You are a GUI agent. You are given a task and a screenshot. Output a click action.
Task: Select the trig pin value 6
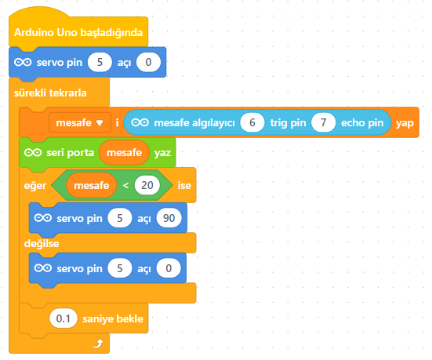252,122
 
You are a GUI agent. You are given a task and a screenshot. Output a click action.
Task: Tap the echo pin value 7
324,122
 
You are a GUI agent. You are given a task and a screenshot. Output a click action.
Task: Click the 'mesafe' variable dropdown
80,122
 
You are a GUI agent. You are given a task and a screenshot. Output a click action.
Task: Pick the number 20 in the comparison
147,185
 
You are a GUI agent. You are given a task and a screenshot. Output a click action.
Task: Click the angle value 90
169,218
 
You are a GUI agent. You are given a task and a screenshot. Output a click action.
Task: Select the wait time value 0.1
63,318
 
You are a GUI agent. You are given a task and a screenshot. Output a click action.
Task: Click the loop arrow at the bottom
98,344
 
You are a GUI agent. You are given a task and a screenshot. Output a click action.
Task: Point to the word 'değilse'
42,244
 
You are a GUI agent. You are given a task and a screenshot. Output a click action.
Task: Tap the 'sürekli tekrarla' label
50,93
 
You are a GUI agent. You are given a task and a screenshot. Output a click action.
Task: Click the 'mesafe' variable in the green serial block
124,153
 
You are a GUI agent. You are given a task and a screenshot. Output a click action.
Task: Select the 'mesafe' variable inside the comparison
92,185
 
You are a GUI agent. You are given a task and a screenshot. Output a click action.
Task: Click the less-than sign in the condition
125,186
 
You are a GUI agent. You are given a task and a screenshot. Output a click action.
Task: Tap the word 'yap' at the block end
405,123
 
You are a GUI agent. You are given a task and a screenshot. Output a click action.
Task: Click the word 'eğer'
35,186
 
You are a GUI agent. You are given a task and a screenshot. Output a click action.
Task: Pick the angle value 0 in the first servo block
148,62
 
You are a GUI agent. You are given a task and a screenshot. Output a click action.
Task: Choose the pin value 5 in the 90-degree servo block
120,218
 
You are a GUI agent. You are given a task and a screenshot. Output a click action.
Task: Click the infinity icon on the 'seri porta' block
33,152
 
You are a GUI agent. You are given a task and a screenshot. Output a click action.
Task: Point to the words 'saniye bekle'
113,319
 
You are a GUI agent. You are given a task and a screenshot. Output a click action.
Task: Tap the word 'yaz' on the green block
162,153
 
